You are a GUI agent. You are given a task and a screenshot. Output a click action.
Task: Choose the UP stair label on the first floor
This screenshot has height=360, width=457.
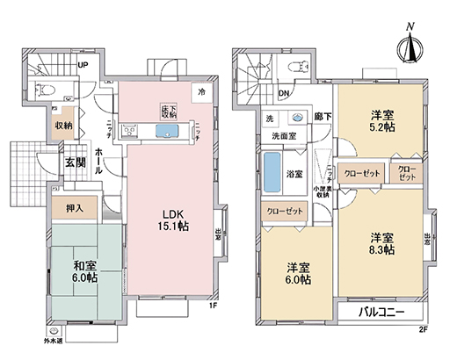coord(83,65)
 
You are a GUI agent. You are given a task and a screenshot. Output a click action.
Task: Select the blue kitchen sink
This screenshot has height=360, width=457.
coord(167,132)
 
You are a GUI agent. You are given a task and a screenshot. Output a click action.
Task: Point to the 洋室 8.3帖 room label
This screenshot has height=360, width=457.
coord(380,244)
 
